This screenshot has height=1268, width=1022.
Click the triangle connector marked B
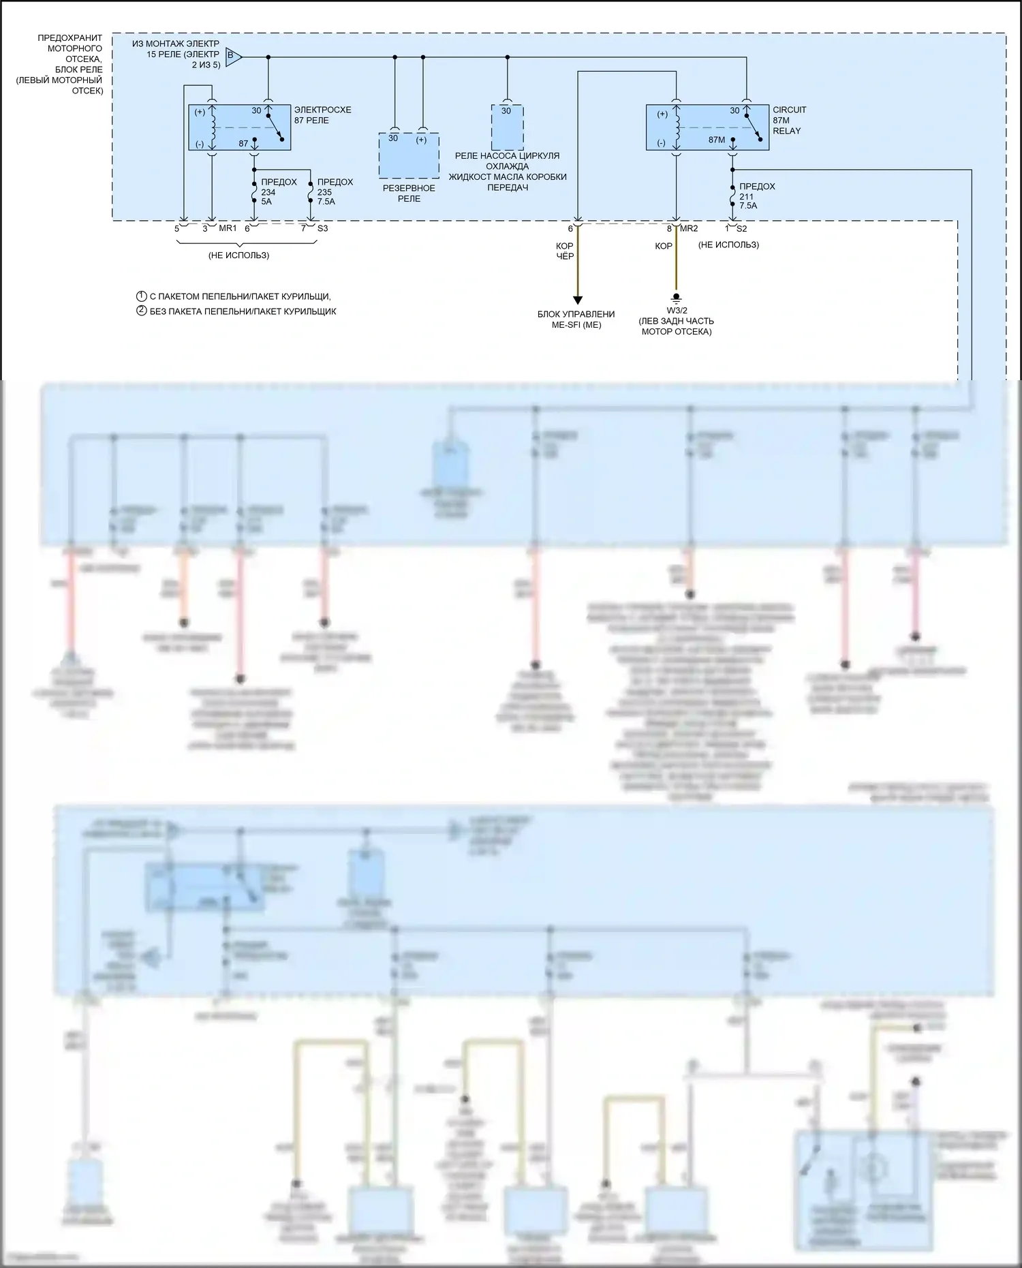click(232, 57)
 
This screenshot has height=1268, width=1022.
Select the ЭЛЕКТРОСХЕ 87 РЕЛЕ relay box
click(239, 127)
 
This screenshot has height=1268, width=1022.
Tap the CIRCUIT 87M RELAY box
click(707, 127)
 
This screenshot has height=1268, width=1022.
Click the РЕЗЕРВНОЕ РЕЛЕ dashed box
click(409, 156)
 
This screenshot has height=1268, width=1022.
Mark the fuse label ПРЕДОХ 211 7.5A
click(756, 196)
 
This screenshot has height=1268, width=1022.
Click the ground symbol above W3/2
click(677, 298)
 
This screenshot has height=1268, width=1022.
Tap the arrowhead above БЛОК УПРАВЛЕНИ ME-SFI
click(577, 300)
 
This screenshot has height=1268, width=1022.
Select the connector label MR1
click(228, 228)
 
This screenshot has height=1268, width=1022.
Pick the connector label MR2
click(689, 228)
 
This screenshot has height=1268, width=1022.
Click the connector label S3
click(322, 228)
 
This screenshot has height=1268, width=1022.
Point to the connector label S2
click(741, 228)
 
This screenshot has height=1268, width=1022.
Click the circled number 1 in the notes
click(142, 296)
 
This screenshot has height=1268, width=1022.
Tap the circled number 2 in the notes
click(142, 311)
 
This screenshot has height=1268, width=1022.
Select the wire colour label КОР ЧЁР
click(565, 251)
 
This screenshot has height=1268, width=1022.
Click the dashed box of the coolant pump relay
click(508, 128)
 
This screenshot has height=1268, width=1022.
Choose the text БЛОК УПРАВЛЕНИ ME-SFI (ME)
click(576, 320)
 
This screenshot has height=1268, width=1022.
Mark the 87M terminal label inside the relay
click(717, 140)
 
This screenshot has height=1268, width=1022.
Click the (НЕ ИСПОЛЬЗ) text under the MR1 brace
click(238, 256)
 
